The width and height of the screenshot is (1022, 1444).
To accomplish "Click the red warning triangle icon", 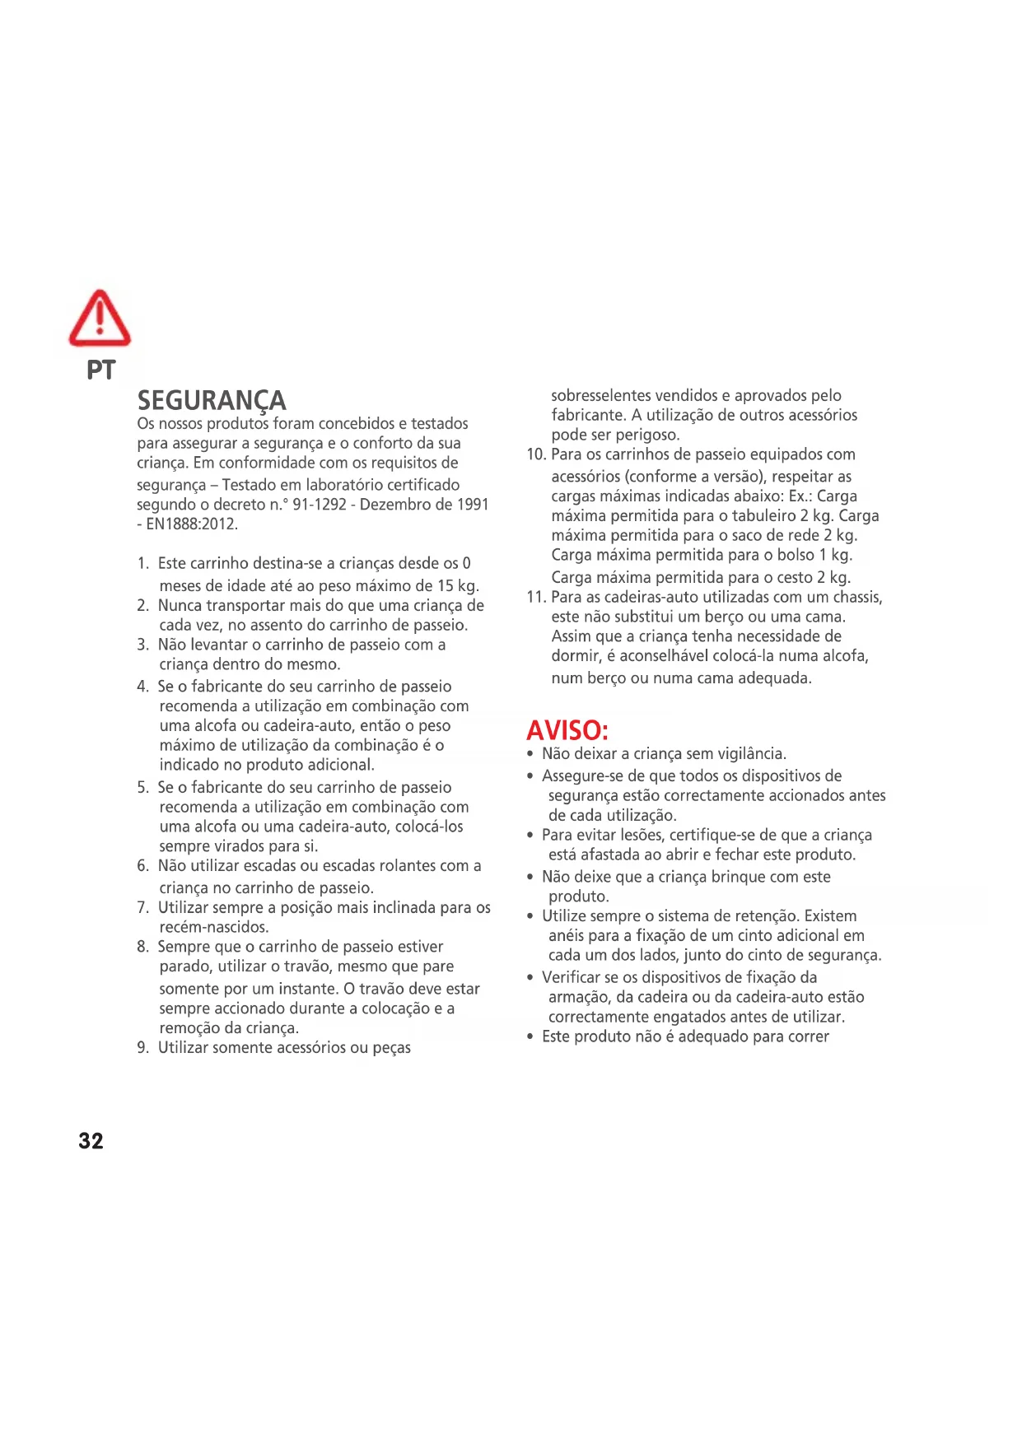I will coord(100,319).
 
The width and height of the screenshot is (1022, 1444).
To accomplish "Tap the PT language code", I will coord(101,370).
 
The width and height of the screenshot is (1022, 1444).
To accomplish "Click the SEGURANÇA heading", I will coord(212,401).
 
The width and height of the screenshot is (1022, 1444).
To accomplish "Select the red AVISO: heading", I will coord(567,730).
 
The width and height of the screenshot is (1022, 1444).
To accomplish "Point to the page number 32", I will coord(91,1141).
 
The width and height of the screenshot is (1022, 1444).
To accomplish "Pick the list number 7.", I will coord(142,908).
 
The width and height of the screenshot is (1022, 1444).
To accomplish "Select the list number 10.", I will coord(535,454).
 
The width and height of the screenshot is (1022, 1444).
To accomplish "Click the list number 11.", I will coord(535,597).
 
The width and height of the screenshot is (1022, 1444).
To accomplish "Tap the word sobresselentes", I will coord(601,396).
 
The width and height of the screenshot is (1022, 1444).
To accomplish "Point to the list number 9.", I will coord(142,1048).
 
